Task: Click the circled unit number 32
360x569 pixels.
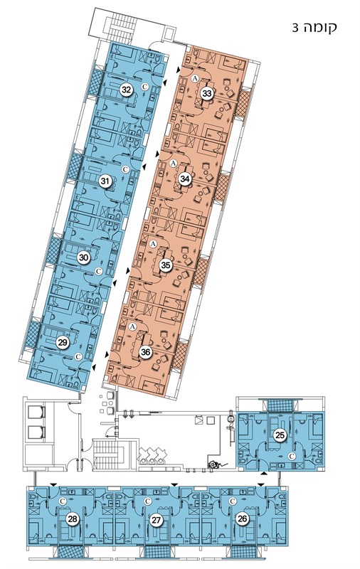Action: click(127, 90)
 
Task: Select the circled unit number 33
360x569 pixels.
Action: click(207, 93)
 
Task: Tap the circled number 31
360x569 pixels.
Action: click(105, 181)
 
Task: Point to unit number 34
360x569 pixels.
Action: click(186, 179)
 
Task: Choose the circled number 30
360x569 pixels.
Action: click(84, 257)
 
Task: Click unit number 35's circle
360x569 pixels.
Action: click(166, 265)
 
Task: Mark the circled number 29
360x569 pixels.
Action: click(63, 343)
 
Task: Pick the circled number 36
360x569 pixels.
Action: click(146, 351)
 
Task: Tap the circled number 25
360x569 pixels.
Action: click(280, 435)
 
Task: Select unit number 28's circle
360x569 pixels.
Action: click(73, 519)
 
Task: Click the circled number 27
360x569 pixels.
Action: click(157, 520)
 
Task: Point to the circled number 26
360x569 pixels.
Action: click(243, 519)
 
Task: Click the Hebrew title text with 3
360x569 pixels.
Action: click(314, 28)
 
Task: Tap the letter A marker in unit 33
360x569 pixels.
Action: click(195, 78)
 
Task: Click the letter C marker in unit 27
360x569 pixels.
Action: click(147, 501)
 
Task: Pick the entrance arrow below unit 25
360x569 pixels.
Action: click(264, 474)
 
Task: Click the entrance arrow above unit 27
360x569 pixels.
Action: click(174, 484)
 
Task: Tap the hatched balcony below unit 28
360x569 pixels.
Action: click(73, 552)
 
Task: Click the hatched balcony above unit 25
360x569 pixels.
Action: click(280, 405)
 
